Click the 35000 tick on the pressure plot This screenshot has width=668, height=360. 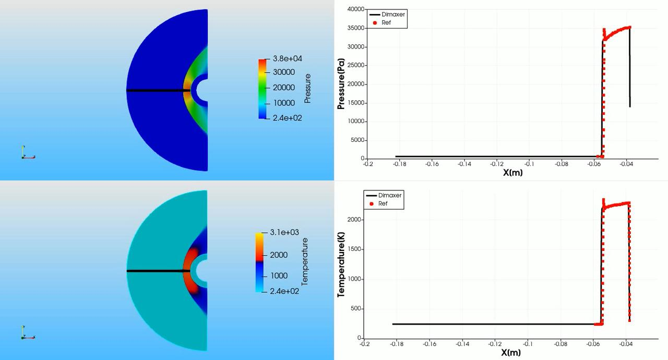pyautogui.click(x=356, y=28)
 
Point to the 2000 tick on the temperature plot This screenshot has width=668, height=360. pyautogui.click(x=354, y=220)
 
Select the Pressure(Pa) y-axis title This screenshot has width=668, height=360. pyautogui.click(x=341, y=84)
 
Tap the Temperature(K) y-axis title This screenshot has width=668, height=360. pyautogui.click(x=341, y=265)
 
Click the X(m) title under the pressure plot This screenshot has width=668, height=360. pyautogui.click(x=513, y=173)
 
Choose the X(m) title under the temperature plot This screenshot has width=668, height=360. pyautogui.click(x=511, y=353)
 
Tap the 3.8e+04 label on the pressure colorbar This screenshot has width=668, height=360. pyautogui.click(x=287, y=58)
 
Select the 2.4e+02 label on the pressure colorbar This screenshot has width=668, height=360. pyautogui.click(x=287, y=118)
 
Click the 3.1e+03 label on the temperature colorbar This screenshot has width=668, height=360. pyautogui.click(x=284, y=232)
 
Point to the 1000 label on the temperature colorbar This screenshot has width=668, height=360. pyautogui.click(x=279, y=275)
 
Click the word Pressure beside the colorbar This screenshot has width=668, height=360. pyautogui.click(x=307, y=89)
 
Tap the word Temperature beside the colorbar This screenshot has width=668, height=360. pyautogui.click(x=304, y=262)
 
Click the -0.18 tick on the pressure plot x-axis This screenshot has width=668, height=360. pyautogui.click(x=399, y=164)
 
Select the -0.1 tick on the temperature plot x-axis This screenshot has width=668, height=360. pyautogui.click(x=528, y=344)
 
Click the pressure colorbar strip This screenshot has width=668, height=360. pyautogui.click(x=263, y=89)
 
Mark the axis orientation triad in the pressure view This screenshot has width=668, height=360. pyautogui.click(x=28, y=152)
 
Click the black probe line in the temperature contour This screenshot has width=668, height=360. pyautogui.click(x=158, y=271)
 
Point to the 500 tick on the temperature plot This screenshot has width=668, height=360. pyautogui.click(x=356, y=309)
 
